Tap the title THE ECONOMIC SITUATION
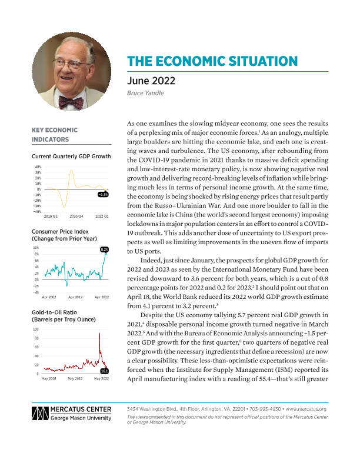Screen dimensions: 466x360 click(212, 62)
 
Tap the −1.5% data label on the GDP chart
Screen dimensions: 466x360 click(102, 194)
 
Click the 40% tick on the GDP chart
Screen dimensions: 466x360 click(37, 167)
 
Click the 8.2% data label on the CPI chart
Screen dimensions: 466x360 click(104, 250)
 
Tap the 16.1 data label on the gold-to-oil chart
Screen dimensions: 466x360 click(104, 371)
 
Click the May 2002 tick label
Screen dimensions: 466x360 click(49, 380)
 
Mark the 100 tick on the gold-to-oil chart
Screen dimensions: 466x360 click(36, 329)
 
